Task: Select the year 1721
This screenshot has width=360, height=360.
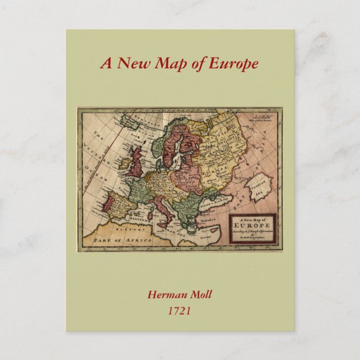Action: [x=179, y=310]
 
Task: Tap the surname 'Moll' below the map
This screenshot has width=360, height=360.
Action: [x=201, y=295]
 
